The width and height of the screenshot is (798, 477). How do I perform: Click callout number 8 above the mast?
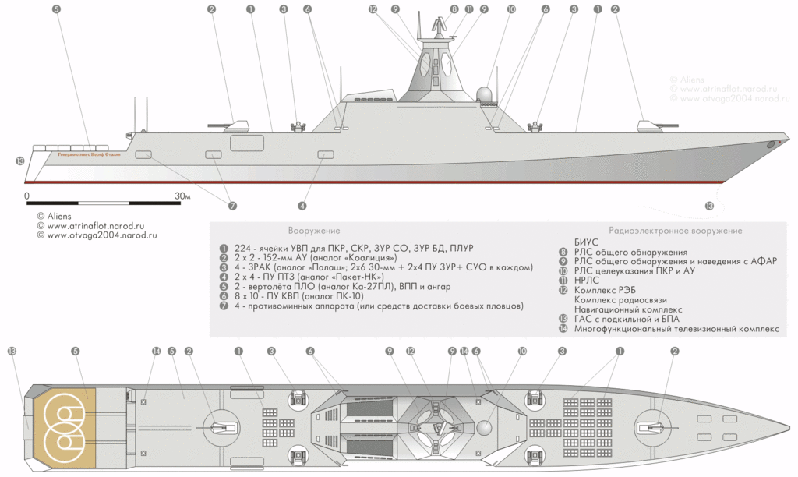point(454,9)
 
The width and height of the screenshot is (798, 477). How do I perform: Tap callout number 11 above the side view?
point(468,9)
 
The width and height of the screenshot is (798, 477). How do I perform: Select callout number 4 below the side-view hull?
point(302,206)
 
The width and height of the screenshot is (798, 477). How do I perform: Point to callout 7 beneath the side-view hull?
point(232,206)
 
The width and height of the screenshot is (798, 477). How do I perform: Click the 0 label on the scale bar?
point(26,195)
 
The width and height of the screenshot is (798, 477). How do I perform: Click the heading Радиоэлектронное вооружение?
point(674,231)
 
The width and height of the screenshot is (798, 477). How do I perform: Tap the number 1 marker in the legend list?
point(224,247)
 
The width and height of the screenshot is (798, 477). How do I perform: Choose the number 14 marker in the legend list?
point(563,329)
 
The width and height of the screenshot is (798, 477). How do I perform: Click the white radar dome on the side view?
point(484,95)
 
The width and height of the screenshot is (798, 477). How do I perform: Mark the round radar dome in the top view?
point(485,428)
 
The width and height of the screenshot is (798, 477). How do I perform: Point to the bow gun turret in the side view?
point(648,125)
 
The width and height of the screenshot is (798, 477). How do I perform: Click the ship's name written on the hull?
point(89,154)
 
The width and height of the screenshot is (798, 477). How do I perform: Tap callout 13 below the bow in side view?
point(708,206)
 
